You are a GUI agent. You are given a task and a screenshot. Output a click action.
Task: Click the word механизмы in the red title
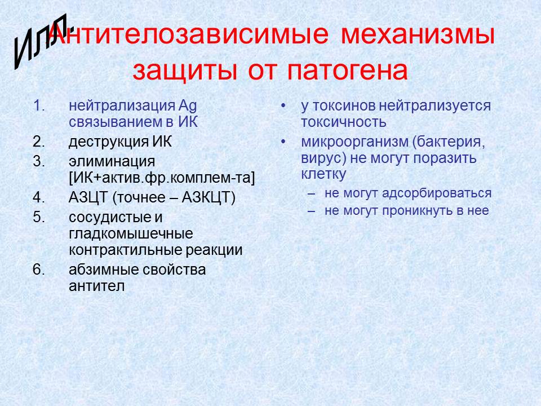pyautogui.click(x=418, y=34)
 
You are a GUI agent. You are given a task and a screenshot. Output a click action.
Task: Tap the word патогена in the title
pyautogui.click(x=348, y=72)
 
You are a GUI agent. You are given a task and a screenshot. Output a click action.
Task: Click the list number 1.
pyautogui.click(x=39, y=105)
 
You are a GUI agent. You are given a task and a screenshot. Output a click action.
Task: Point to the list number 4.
pyautogui.click(x=39, y=197)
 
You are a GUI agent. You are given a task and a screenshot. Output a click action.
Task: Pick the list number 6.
pyautogui.click(x=39, y=270)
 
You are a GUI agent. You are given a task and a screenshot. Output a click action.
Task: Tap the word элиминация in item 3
pyautogui.click(x=112, y=162)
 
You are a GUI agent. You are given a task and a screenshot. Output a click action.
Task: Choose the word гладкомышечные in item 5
pyautogui.click(x=131, y=233)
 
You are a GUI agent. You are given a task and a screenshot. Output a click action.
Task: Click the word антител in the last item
pyautogui.click(x=96, y=286)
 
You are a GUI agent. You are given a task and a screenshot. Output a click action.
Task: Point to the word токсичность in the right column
pyautogui.click(x=344, y=122)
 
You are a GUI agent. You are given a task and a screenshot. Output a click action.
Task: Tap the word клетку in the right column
pyautogui.click(x=323, y=174)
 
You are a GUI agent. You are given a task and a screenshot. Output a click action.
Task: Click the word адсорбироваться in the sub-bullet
pyautogui.click(x=437, y=193)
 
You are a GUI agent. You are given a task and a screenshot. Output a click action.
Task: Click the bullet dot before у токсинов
pyautogui.click(x=283, y=105)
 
